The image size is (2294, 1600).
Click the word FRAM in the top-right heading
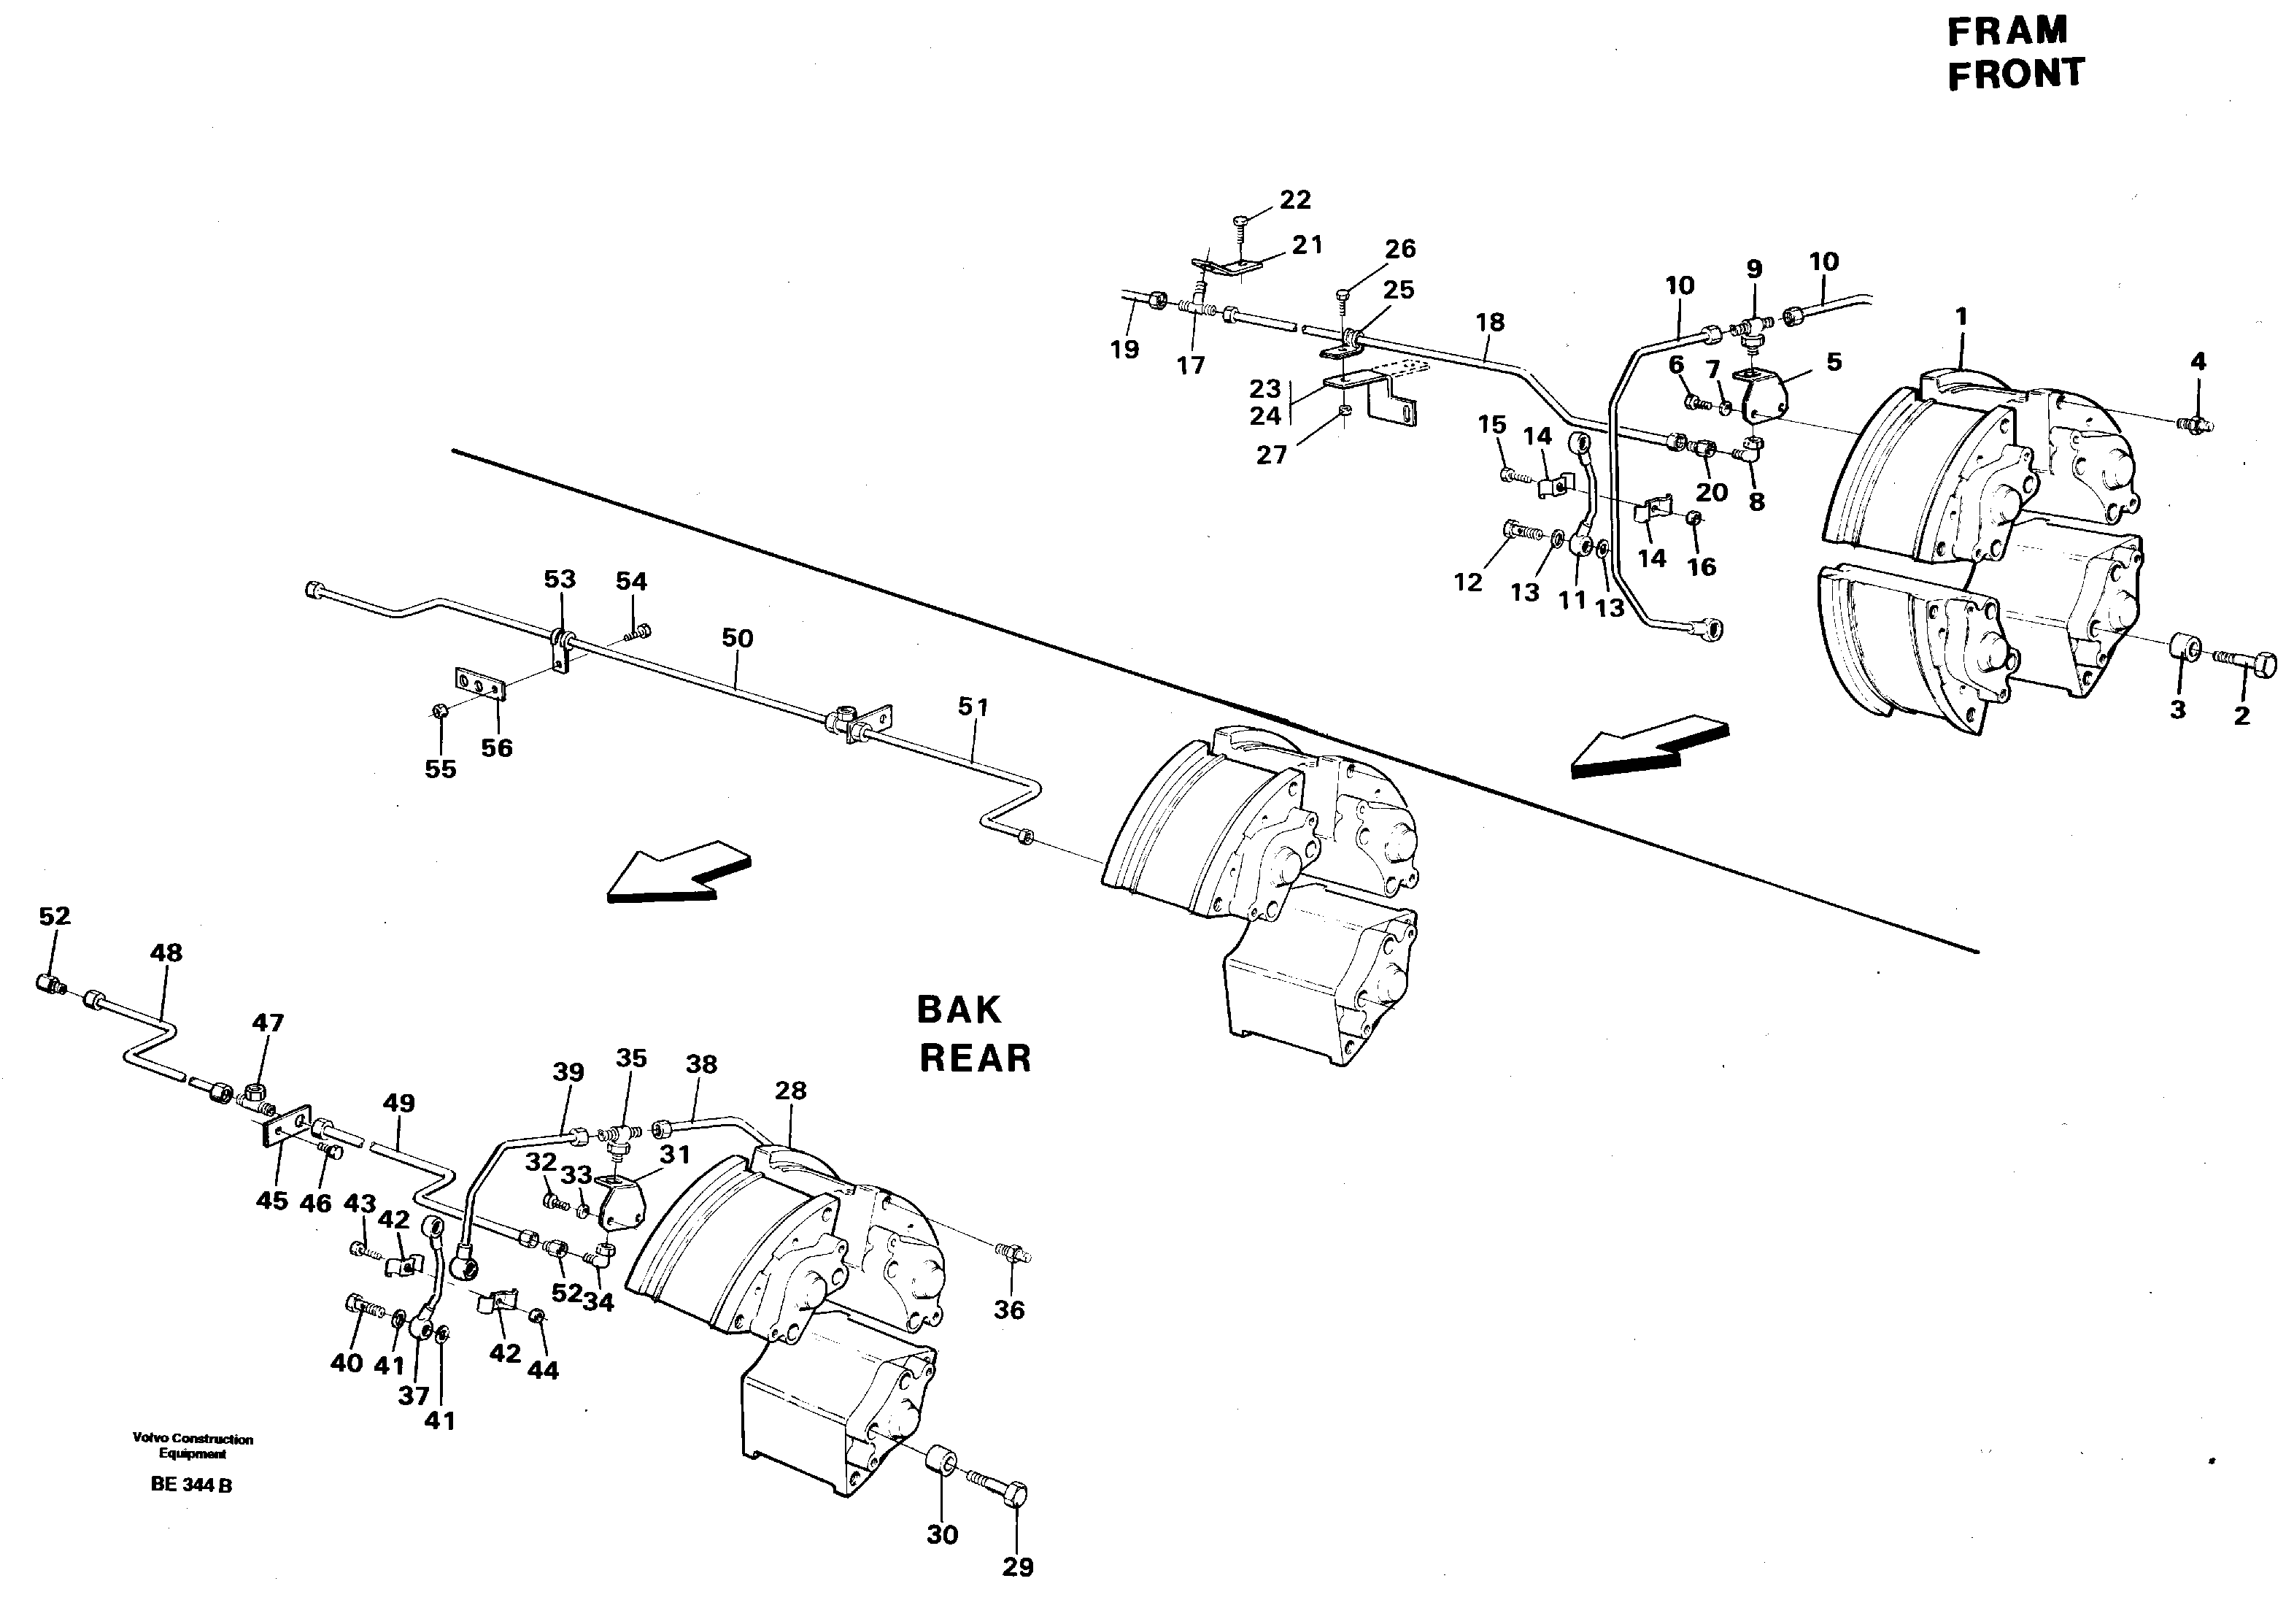coord(2007,31)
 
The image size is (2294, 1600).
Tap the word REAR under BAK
coord(974,1058)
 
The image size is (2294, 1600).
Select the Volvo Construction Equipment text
coord(193,1446)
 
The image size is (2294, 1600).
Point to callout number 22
coord(1295,200)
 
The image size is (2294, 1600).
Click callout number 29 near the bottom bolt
coord(1017,1567)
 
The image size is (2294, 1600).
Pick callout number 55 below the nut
coord(440,769)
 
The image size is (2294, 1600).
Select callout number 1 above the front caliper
coord(1961,317)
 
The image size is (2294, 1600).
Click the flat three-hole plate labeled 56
coord(481,685)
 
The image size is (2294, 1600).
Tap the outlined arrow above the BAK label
coord(679,871)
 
